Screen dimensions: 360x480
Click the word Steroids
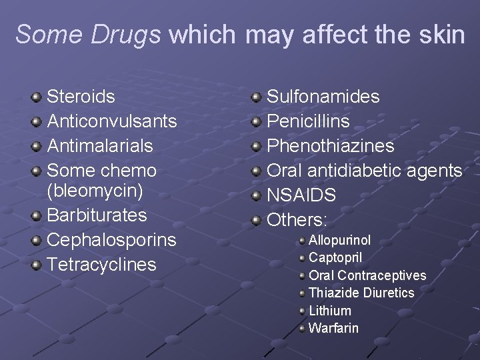[x=81, y=97]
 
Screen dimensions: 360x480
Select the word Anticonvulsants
[x=112, y=121]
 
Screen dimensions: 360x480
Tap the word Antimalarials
[x=100, y=146]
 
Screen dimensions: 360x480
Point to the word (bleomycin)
[x=95, y=191]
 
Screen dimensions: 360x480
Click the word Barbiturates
[x=97, y=215]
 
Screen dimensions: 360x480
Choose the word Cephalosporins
[x=111, y=240]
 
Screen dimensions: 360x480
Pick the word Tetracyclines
[x=101, y=265]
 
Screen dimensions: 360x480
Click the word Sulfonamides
[x=323, y=97]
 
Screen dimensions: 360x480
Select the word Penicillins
[x=308, y=121]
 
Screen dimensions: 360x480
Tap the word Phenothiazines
[x=331, y=146]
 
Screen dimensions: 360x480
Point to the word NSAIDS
[x=301, y=195]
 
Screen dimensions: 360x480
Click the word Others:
[x=297, y=220]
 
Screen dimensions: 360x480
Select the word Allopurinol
[x=339, y=240]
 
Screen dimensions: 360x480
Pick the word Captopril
[x=335, y=257]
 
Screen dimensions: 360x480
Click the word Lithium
[x=330, y=311]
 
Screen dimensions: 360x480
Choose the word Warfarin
[x=333, y=328]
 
